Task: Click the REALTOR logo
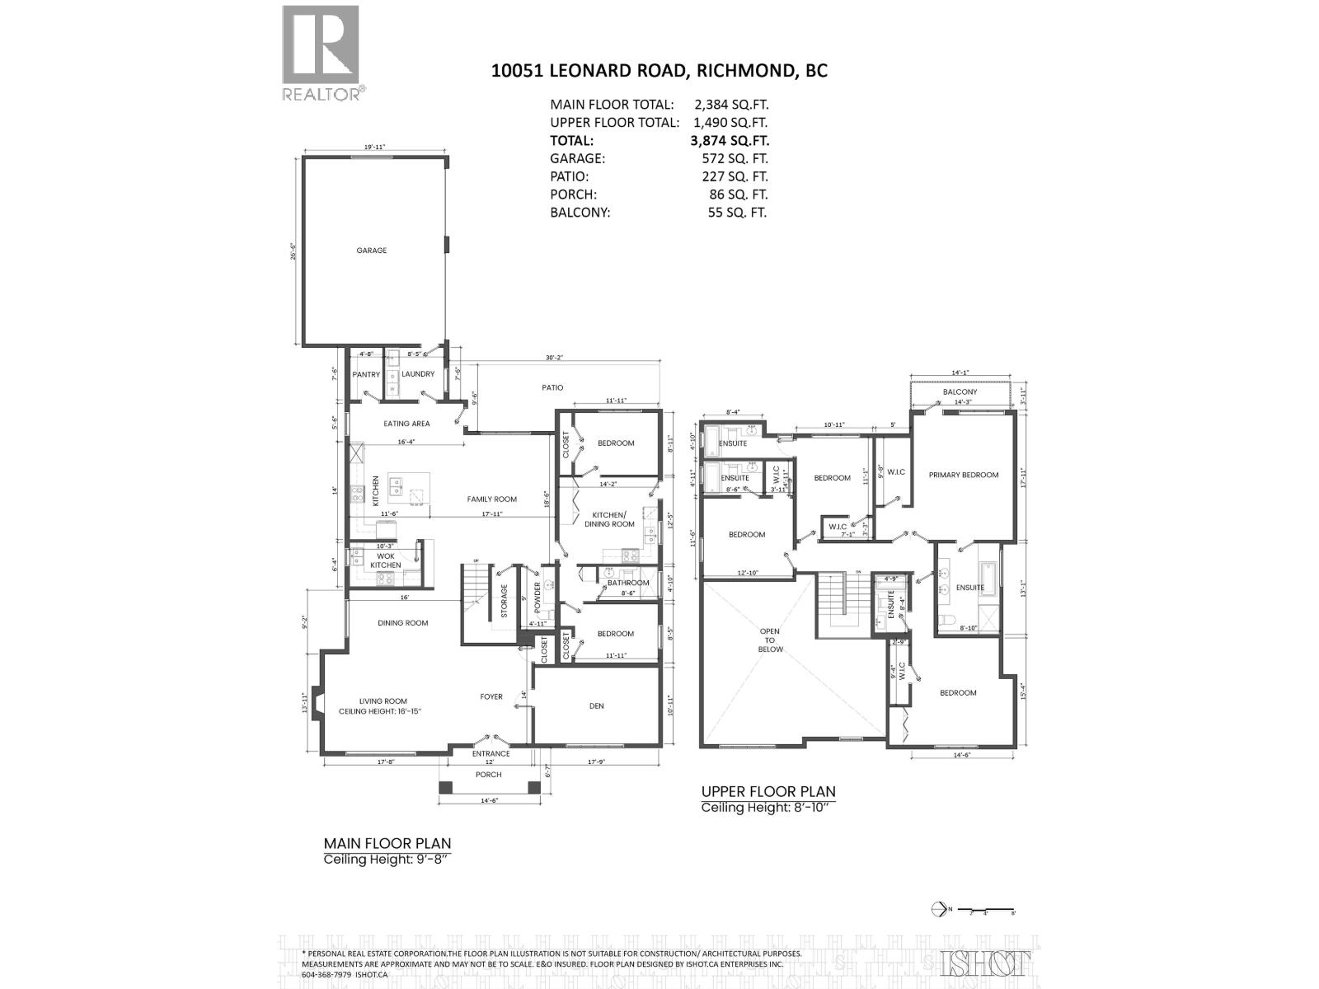click(322, 51)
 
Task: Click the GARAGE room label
click(372, 251)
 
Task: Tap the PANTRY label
click(366, 374)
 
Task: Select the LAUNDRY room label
click(418, 374)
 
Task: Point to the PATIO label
click(552, 387)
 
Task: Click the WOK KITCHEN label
click(385, 560)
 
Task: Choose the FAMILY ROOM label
click(491, 499)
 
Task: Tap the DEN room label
click(597, 705)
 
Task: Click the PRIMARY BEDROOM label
click(963, 475)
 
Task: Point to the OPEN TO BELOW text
click(770, 640)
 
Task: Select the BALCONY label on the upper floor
click(960, 392)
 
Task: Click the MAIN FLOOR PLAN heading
click(387, 843)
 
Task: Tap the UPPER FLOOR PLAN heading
click(768, 791)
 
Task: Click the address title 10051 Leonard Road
click(659, 71)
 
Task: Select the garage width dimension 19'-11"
click(375, 148)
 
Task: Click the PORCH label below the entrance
click(489, 775)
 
